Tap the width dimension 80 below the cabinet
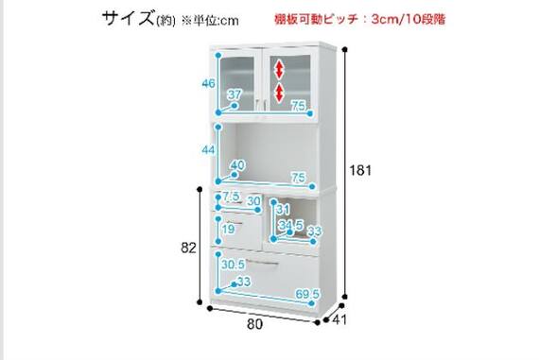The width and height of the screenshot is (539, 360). point(252,326)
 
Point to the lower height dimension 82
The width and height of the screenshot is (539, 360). point(187,248)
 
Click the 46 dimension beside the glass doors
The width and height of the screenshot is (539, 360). point(208,84)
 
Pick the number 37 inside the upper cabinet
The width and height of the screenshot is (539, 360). point(235,94)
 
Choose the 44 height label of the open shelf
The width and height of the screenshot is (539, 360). point(208,150)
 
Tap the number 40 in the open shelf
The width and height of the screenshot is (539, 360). point(237,166)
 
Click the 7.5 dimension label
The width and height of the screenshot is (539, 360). point(230,197)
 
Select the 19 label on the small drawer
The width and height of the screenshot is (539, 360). point(228,230)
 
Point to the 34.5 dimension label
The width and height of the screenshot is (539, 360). point(290,225)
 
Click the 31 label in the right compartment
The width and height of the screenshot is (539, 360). point(283,209)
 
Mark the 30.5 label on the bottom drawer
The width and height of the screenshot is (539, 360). point(233,265)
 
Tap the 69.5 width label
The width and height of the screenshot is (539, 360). point(304,295)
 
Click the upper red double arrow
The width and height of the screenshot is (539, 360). point(280,69)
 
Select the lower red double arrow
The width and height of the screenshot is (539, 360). point(280,92)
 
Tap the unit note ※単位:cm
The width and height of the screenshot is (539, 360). point(210,20)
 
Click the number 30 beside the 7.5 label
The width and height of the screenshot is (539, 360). point(253,200)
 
